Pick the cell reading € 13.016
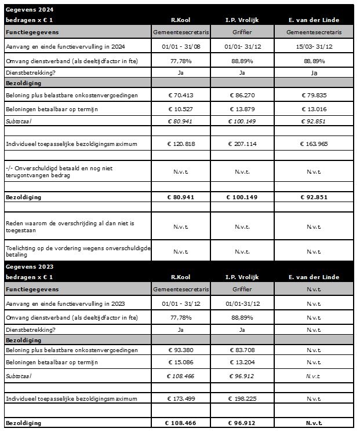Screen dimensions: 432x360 click(314, 108)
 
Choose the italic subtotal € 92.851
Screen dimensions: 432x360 click(314, 122)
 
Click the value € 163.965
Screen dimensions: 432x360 click(314, 143)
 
